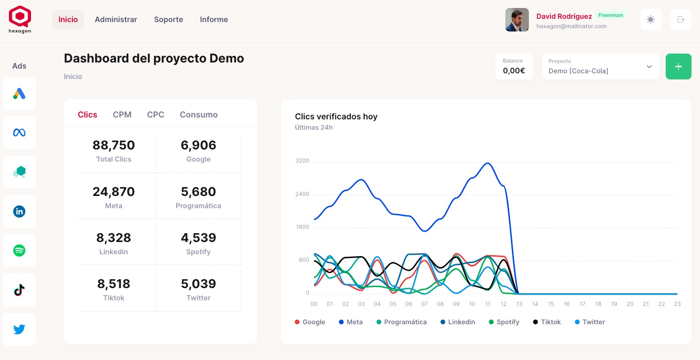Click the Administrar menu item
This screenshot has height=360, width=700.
(116, 19)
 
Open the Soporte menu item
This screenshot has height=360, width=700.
(168, 19)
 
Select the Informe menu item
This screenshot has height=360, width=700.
(214, 19)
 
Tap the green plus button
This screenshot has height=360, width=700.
(678, 67)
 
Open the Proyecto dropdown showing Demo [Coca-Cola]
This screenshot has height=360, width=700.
(600, 67)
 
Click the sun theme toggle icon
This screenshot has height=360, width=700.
(651, 20)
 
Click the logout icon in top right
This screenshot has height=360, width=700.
(680, 20)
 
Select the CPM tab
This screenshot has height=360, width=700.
(122, 115)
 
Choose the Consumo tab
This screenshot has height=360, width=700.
(198, 115)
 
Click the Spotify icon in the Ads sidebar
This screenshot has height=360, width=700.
(19, 250)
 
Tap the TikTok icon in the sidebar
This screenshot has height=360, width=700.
(19, 290)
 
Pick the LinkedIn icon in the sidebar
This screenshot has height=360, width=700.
(19, 211)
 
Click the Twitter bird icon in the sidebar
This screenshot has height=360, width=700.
(19, 329)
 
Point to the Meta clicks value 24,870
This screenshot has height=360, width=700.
(114, 192)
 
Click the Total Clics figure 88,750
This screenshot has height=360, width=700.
(114, 145)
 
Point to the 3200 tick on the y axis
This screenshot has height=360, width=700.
(302, 161)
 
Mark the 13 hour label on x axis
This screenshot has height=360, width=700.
(519, 304)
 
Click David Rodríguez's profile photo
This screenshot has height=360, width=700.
(517, 20)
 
